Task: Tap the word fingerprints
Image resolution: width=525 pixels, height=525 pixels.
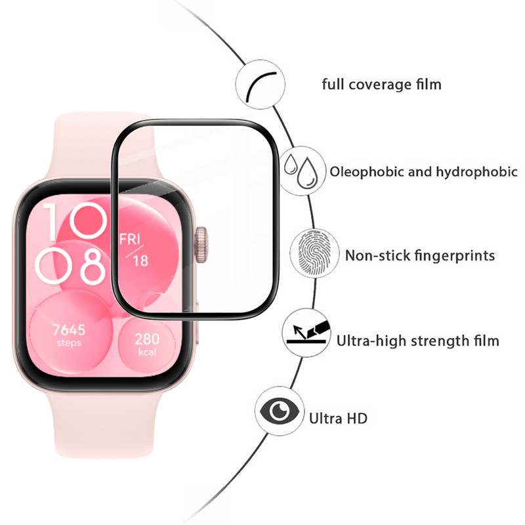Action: pos(452,255)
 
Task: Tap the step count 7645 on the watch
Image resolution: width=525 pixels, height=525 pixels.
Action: pos(68,329)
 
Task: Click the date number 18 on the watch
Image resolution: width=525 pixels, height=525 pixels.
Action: pos(140,261)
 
